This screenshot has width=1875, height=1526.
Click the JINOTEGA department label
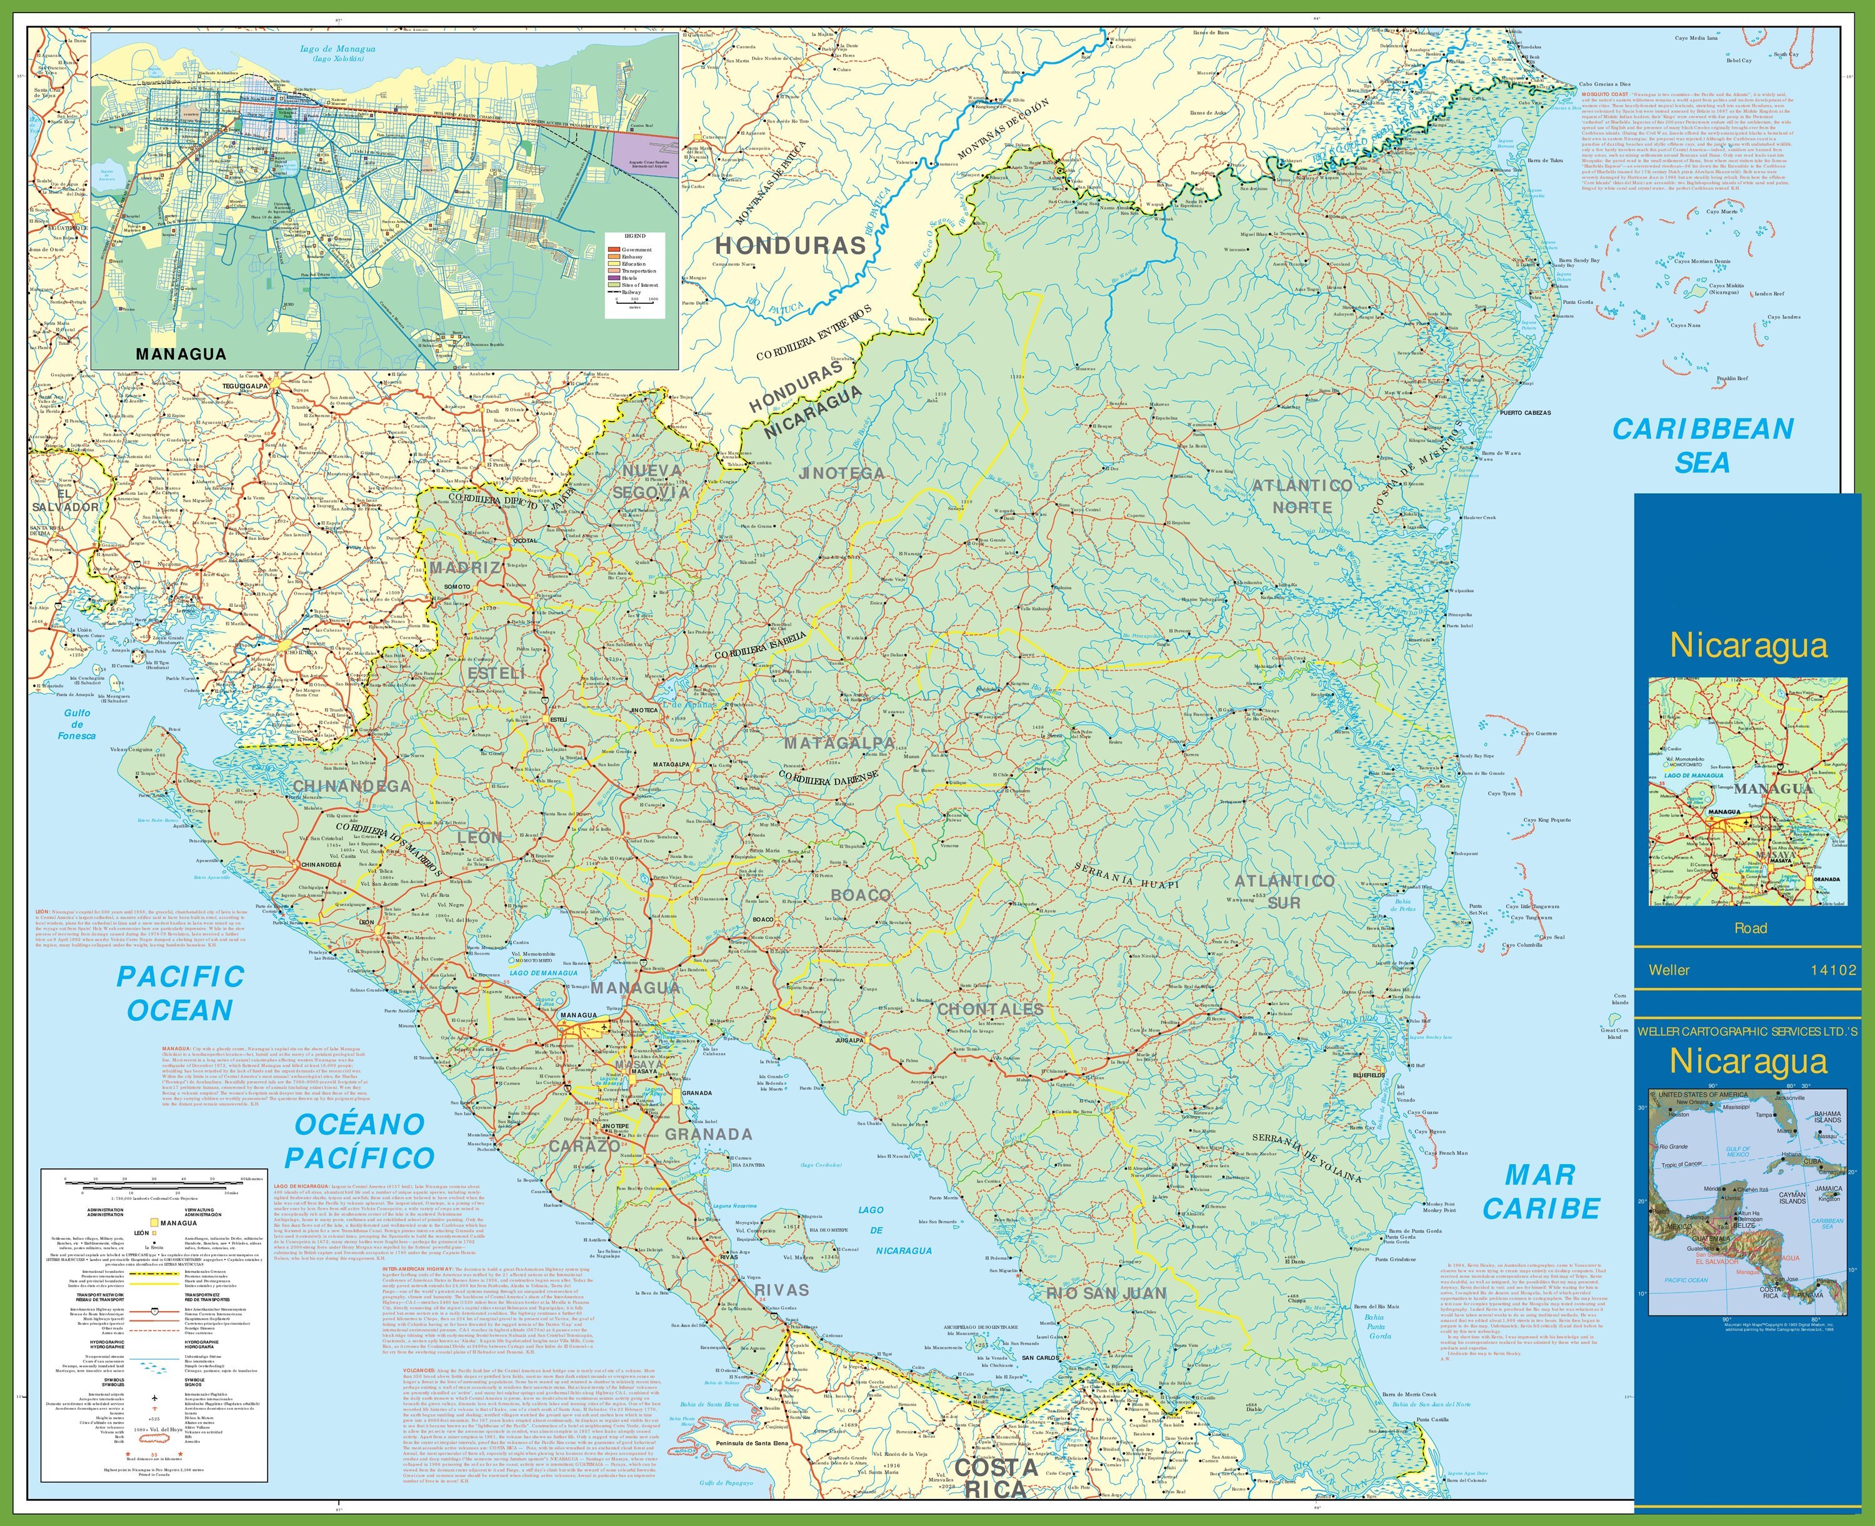pyautogui.click(x=841, y=473)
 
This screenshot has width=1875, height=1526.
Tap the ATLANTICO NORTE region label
pyautogui.click(x=1302, y=497)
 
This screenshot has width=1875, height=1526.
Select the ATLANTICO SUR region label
pyautogui.click(x=1284, y=890)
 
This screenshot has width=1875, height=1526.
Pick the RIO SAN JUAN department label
pyautogui.click(x=1106, y=1293)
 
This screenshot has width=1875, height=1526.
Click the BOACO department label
pyautogui.click(x=861, y=895)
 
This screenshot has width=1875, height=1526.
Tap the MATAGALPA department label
pyautogui.click(x=839, y=743)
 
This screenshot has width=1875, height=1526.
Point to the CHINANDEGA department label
pyautogui.click(x=352, y=785)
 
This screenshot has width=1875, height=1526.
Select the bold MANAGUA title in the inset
pyautogui.click(x=181, y=354)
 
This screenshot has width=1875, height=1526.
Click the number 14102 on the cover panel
pyautogui.click(x=1832, y=970)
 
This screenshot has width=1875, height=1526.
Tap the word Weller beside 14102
pyautogui.click(x=1668, y=970)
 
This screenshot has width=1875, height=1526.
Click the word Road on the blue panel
pyautogui.click(x=1750, y=927)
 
